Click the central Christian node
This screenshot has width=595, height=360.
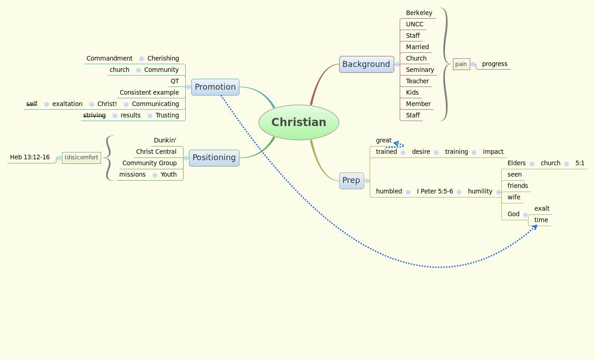299,122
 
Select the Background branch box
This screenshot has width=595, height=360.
366,64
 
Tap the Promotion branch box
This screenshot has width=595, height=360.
215,87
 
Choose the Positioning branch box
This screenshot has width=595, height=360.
214,157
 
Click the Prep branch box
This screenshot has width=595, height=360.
351,180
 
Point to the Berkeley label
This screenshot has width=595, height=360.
419,13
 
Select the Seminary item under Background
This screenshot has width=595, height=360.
420,70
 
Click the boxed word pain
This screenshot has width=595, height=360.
461,64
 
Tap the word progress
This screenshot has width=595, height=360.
494,64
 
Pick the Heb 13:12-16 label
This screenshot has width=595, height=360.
30,157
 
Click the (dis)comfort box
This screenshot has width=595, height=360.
81,157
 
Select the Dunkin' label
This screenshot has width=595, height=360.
165,140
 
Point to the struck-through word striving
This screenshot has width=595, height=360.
94,115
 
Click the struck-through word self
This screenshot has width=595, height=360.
32,104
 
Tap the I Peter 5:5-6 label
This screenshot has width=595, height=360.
435,191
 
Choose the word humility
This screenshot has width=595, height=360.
480,191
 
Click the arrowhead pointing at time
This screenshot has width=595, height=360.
534,227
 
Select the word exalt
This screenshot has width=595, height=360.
542,208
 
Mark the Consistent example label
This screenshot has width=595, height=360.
149,92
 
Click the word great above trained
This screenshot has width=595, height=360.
383,140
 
